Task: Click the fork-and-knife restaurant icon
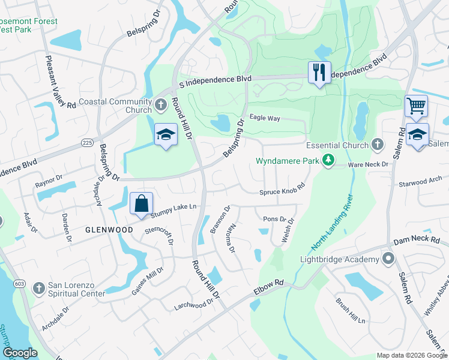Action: click(x=319, y=73)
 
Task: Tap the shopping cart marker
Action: click(x=416, y=106)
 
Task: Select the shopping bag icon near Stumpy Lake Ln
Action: click(x=141, y=203)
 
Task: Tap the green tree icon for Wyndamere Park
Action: click(x=328, y=160)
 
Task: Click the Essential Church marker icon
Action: click(x=377, y=145)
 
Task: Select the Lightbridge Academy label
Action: click(x=339, y=259)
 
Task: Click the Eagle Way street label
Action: click(x=265, y=118)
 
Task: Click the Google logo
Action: click(x=20, y=353)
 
